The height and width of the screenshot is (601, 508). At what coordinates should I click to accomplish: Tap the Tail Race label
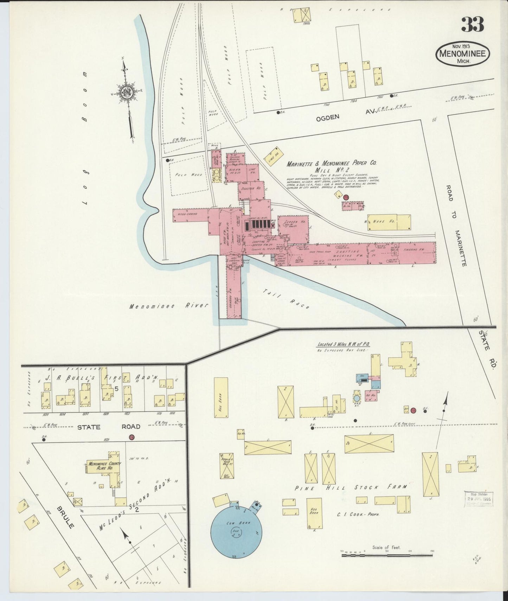pyautogui.click(x=286, y=299)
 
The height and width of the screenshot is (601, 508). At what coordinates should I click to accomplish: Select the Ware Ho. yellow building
pyautogui.click(x=389, y=222)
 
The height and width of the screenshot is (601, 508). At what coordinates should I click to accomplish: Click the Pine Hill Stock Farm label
pyautogui.click(x=351, y=487)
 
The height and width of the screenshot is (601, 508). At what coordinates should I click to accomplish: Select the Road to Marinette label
pyautogui.click(x=457, y=225)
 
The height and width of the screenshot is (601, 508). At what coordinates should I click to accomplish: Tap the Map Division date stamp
pyautogui.click(x=478, y=498)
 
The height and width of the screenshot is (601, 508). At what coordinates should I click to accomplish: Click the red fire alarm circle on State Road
pyautogui.click(x=132, y=437)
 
